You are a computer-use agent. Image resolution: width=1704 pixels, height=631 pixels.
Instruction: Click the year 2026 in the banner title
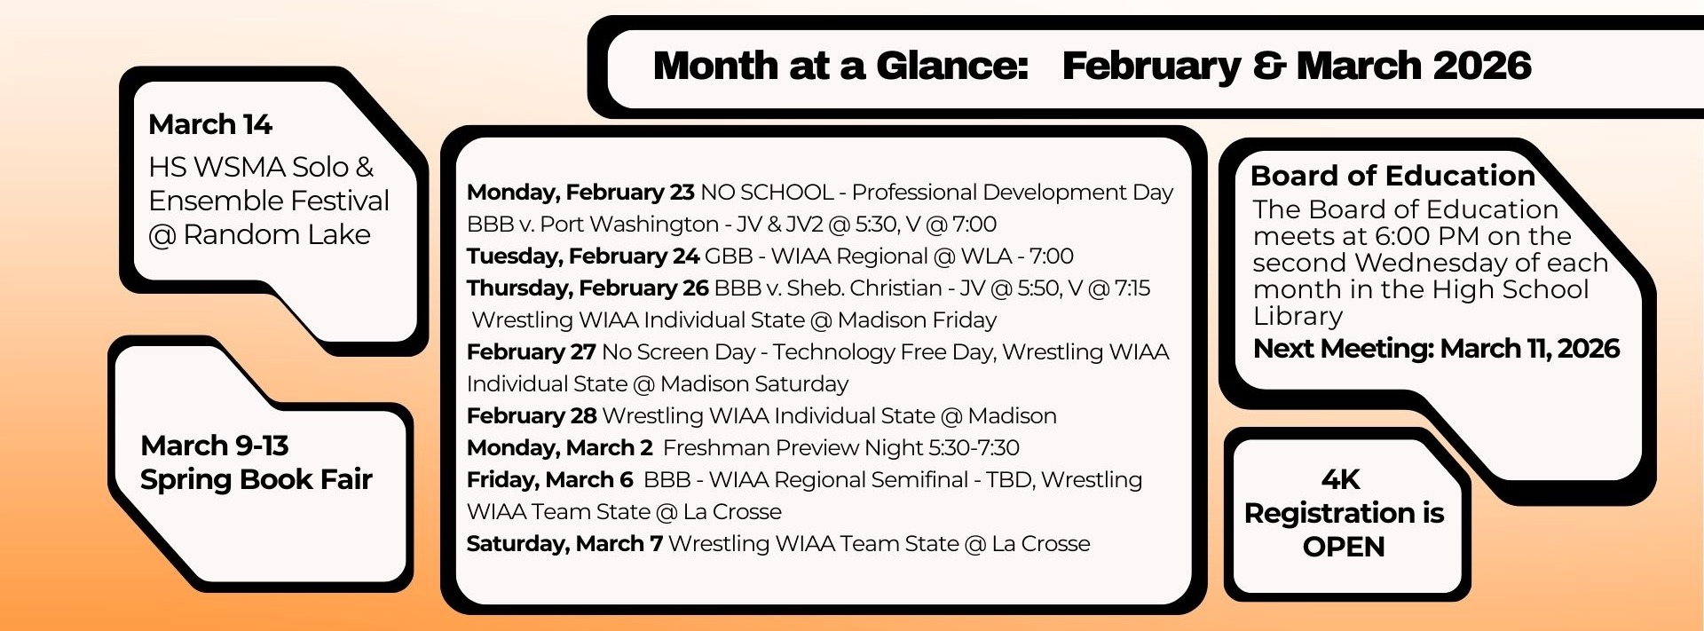pyautogui.click(x=1482, y=67)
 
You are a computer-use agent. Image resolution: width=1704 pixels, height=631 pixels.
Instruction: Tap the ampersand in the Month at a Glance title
pyautogui.click(x=1269, y=67)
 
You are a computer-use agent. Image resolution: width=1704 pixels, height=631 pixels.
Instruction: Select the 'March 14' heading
pyautogui.click(x=210, y=124)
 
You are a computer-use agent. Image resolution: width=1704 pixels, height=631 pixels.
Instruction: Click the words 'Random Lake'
pyautogui.click(x=277, y=234)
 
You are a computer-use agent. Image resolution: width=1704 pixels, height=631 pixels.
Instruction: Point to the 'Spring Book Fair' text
pyautogui.click(x=256, y=479)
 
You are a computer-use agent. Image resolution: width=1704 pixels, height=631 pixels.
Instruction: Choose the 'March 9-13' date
pyautogui.click(x=215, y=446)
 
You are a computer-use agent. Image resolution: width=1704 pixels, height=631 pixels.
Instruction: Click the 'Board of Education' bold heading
pyautogui.click(x=1392, y=176)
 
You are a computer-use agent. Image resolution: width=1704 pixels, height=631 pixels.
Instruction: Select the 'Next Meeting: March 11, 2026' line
pyautogui.click(x=1436, y=349)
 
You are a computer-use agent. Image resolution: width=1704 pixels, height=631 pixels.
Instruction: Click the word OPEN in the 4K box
pyautogui.click(x=1344, y=547)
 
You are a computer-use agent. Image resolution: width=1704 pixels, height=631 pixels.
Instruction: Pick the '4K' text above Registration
pyautogui.click(x=1340, y=480)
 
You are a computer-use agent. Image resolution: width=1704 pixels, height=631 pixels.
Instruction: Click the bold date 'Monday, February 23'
pyautogui.click(x=580, y=193)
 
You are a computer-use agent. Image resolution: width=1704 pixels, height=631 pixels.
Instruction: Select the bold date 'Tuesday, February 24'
pyautogui.click(x=583, y=256)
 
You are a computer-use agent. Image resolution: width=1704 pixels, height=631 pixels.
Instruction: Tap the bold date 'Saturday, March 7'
pyautogui.click(x=564, y=544)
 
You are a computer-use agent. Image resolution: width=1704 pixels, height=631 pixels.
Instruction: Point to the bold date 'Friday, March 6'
pyautogui.click(x=550, y=480)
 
